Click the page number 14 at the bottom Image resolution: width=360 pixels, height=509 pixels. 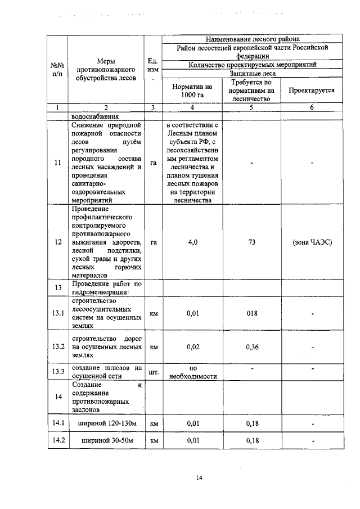point(199,478)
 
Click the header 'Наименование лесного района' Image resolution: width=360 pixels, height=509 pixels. point(253,39)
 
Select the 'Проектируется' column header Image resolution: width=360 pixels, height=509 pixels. point(311,90)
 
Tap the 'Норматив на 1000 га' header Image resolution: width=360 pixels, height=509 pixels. point(192,90)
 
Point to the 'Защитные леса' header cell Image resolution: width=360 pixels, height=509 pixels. point(253,73)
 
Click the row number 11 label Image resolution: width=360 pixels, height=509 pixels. point(57,163)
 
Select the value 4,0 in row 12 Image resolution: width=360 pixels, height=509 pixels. point(192,242)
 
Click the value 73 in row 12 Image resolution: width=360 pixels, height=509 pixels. point(252,242)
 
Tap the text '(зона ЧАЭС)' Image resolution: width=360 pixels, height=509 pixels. point(312,242)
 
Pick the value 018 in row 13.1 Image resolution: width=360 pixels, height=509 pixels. point(252,314)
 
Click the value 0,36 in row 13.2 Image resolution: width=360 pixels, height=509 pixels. point(252,347)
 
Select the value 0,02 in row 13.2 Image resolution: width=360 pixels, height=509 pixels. point(192,347)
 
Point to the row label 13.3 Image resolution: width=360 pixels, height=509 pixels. point(57,372)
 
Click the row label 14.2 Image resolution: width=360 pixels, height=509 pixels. point(57,442)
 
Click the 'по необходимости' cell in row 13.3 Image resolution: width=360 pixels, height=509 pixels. point(192,372)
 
